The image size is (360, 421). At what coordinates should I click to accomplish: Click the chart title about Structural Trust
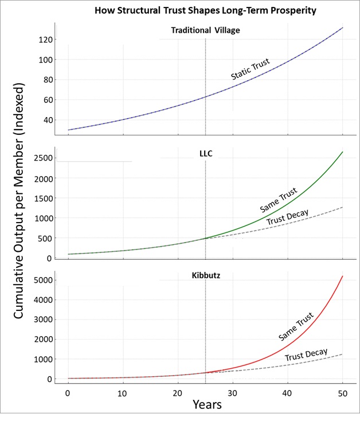[x=206, y=11]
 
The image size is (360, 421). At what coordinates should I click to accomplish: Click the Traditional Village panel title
[x=205, y=30]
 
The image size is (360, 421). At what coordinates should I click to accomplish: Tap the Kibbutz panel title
[x=205, y=276]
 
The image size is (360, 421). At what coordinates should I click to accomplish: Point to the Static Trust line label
[x=250, y=69]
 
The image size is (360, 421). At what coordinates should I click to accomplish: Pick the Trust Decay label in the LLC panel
[x=287, y=218]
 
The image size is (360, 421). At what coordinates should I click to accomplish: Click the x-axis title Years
[x=206, y=404]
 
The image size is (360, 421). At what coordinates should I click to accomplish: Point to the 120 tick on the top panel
[x=46, y=40]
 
